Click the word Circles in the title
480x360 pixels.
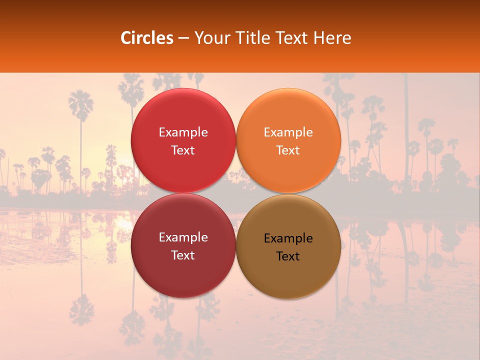pos(146,38)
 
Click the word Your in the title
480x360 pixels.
pos(209,38)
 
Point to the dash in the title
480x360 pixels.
pos(183,38)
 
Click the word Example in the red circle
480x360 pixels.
pos(183,132)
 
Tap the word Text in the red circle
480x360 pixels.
pos(183,150)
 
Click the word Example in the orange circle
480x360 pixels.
pos(288,132)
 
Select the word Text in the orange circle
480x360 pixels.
pos(288,150)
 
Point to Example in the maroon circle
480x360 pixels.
pos(183,237)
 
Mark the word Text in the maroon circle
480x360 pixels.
pos(183,255)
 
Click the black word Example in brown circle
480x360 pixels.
pos(288,238)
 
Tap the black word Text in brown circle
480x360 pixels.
pos(288,256)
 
